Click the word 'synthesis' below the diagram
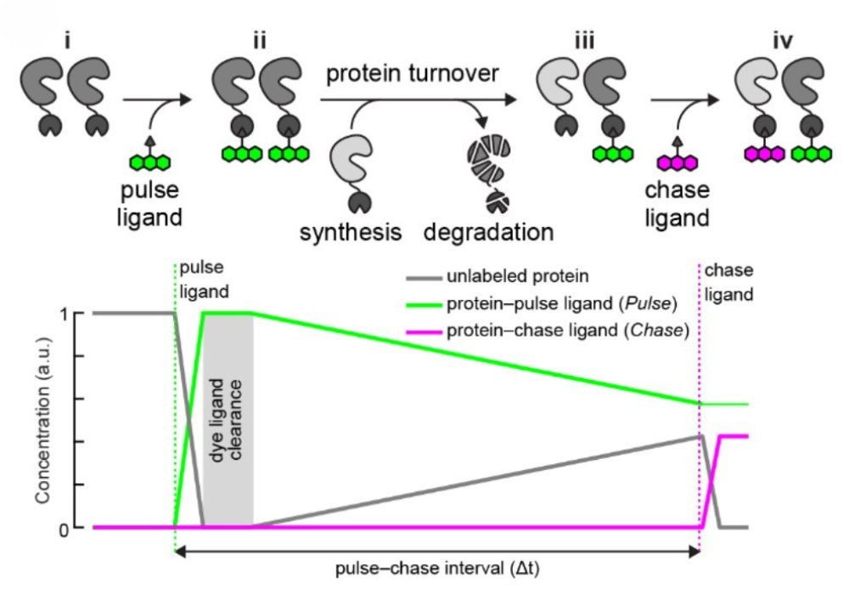click(351, 231)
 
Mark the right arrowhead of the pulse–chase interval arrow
click(696, 552)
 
